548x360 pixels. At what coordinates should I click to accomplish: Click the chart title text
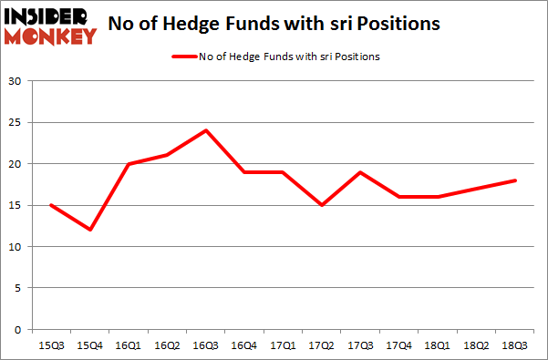(274, 24)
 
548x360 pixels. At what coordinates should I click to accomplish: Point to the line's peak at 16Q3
(207, 130)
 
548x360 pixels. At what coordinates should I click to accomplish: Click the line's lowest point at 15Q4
(91, 230)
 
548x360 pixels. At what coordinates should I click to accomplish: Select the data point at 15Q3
(52, 205)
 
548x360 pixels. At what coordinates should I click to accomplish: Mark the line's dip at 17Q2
(323, 205)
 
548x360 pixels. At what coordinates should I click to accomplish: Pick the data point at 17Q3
(361, 172)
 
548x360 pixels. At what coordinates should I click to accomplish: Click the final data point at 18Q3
(515, 180)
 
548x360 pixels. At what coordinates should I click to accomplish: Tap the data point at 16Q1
(129, 164)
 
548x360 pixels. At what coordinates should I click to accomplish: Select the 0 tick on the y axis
(18, 330)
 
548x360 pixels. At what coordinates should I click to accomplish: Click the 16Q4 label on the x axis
(245, 346)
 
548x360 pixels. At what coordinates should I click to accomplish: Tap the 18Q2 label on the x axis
(477, 346)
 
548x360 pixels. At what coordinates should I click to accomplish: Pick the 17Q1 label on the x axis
(284, 346)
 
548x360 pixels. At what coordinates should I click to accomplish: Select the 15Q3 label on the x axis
(52, 346)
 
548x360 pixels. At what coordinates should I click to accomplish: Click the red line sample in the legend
(183, 57)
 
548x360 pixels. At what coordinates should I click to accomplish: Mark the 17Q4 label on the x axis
(399, 346)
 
